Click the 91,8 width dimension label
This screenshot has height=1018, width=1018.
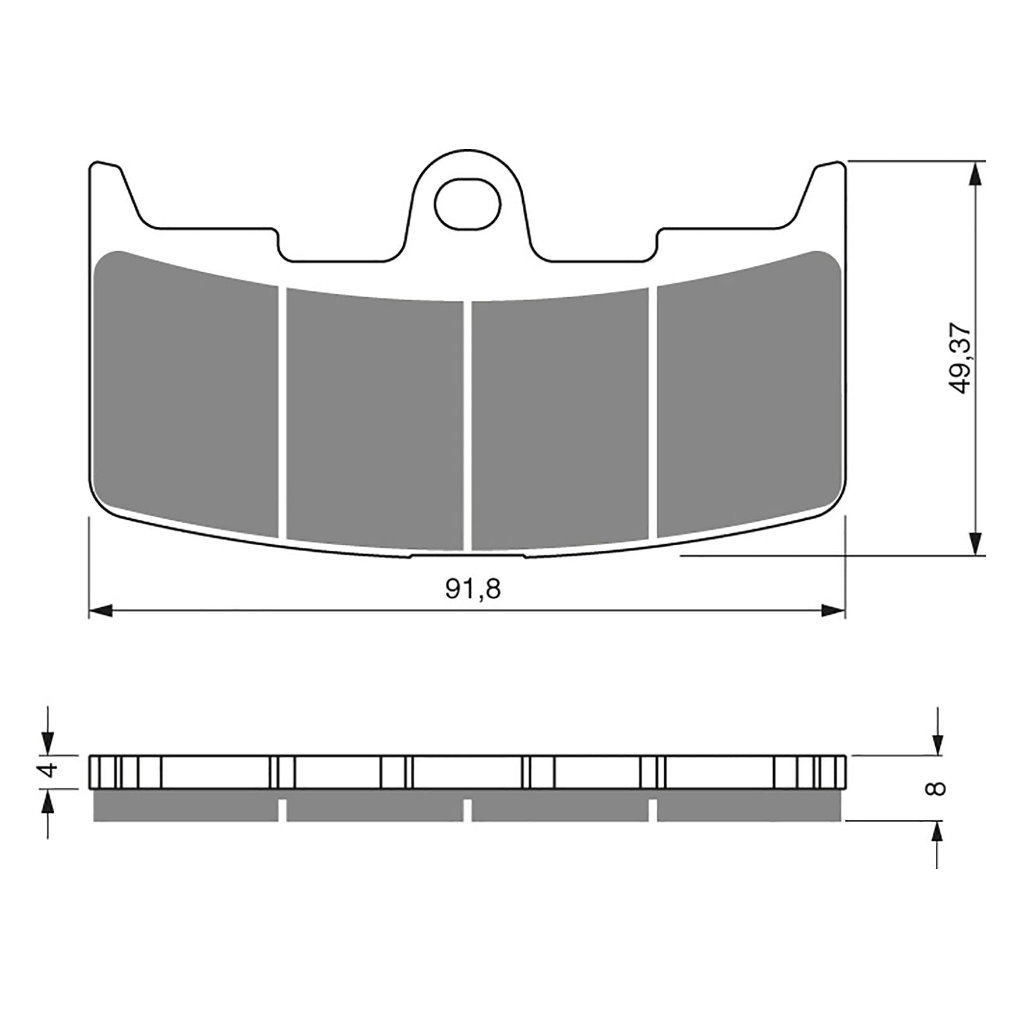(473, 589)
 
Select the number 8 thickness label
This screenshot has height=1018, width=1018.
(937, 789)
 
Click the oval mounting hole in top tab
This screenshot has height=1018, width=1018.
(468, 204)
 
